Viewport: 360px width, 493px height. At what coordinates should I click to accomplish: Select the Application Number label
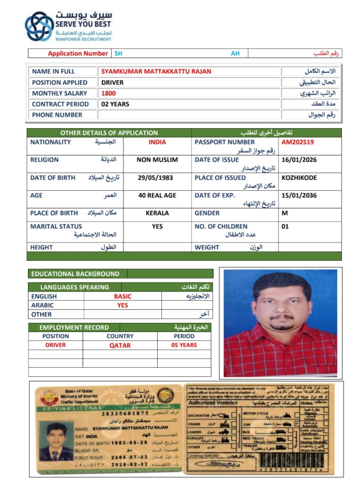(x=77, y=54)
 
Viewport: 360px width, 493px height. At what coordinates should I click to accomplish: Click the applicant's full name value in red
(x=156, y=72)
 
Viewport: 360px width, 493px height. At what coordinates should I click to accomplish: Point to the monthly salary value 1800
(x=109, y=93)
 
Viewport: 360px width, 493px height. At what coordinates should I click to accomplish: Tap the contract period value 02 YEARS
(x=116, y=104)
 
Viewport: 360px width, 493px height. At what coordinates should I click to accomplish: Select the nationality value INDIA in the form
(x=157, y=142)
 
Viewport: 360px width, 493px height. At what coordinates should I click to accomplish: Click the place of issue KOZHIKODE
(x=299, y=178)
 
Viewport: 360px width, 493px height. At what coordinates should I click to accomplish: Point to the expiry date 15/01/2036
(x=299, y=195)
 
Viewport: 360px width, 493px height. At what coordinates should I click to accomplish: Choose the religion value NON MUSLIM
(x=157, y=160)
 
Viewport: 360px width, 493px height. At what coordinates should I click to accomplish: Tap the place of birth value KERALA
(x=157, y=213)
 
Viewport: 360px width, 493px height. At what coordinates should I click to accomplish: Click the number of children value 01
(x=286, y=227)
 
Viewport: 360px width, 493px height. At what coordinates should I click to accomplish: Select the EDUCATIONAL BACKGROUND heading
(x=75, y=274)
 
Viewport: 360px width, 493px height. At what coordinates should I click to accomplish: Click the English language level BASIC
(x=122, y=297)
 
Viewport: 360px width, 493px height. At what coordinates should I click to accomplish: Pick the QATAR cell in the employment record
(x=120, y=346)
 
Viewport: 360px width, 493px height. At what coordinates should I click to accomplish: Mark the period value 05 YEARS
(x=184, y=345)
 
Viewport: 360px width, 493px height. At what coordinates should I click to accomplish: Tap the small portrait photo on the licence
(x=56, y=441)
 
